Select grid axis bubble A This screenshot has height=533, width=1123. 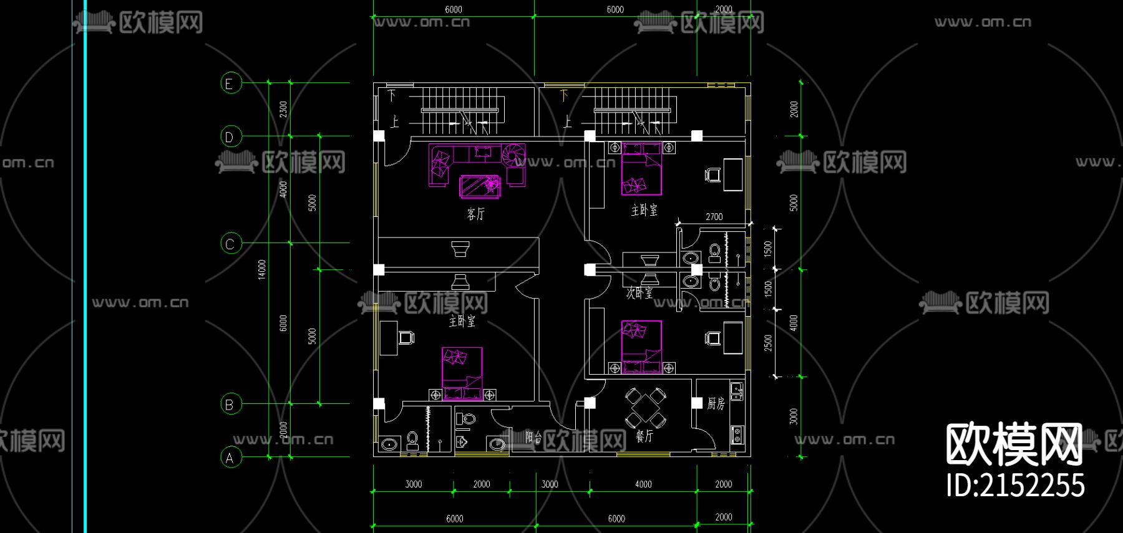pyautogui.click(x=231, y=458)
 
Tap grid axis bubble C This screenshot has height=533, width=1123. pyautogui.click(x=231, y=243)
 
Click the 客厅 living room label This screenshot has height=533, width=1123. pyautogui.click(x=475, y=214)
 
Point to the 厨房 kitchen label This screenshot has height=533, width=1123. pyautogui.click(x=716, y=403)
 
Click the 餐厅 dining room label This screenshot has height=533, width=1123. pyautogui.click(x=644, y=436)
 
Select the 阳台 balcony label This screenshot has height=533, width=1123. pyautogui.click(x=533, y=436)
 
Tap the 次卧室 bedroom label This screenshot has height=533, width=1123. pyautogui.click(x=639, y=292)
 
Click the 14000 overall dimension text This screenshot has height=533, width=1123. pyautogui.click(x=262, y=269)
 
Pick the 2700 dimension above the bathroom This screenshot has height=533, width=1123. pyautogui.click(x=714, y=217)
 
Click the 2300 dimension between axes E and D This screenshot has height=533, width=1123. pyautogui.click(x=283, y=109)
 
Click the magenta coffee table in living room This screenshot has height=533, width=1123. pyautogui.click(x=480, y=186)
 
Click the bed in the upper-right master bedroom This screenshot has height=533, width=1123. pyautogui.click(x=641, y=168)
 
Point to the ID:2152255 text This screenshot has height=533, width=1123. pyautogui.click(x=1015, y=486)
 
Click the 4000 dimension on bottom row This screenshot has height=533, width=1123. pyautogui.click(x=643, y=484)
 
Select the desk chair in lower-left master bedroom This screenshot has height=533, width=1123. pyautogui.click(x=406, y=338)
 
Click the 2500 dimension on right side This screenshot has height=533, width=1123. pyautogui.click(x=768, y=342)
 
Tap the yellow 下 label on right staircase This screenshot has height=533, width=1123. pyautogui.click(x=564, y=95)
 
